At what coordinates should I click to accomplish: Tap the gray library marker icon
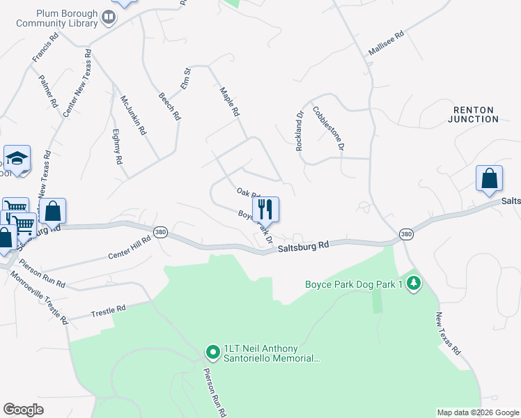[x=109, y=17]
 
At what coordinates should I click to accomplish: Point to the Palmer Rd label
[x=48, y=91]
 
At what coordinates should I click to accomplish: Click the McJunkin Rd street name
[x=133, y=115]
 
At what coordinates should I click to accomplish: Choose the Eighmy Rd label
[x=117, y=146]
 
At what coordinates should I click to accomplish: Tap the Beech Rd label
[x=169, y=107]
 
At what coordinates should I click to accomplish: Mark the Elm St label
[x=186, y=77]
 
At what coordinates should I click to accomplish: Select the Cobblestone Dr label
[x=328, y=127]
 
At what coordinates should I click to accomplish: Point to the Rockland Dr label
[x=300, y=131]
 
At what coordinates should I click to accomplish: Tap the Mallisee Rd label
[x=386, y=43]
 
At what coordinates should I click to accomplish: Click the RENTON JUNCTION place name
[x=476, y=115]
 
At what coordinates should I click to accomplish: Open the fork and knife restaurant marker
[x=265, y=208]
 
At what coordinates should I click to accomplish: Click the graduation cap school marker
[x=17, y=157]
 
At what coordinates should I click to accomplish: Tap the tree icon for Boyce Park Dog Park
[x=414, y=284]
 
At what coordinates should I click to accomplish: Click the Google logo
[x=23, y=410]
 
